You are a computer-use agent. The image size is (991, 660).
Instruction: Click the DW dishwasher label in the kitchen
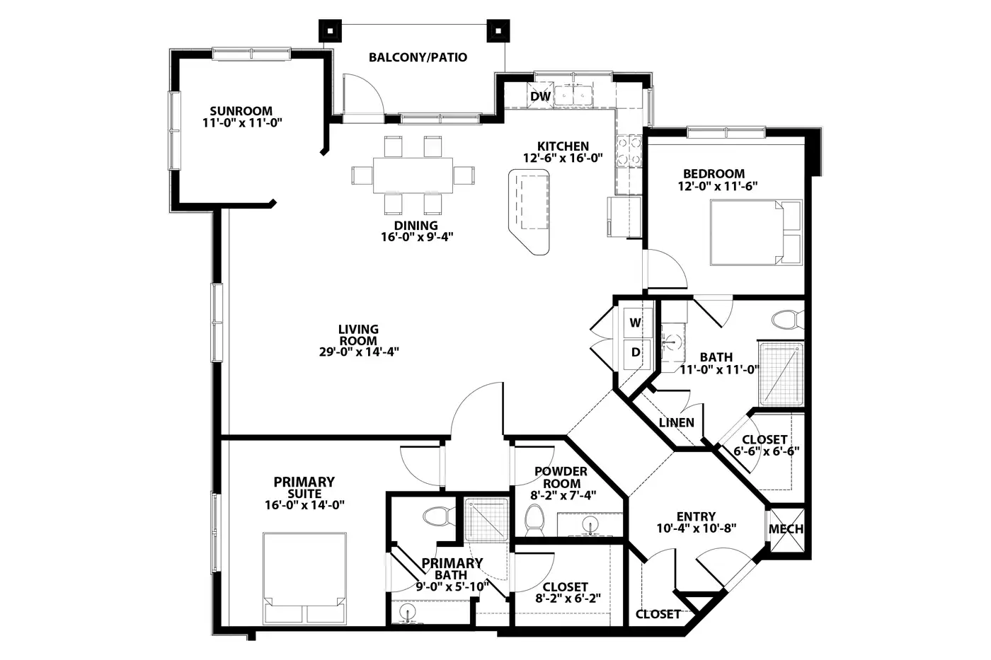coord(541,96)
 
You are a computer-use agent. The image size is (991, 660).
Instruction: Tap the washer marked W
coord(636,323)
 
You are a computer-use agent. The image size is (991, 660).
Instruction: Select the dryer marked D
coord(636,353)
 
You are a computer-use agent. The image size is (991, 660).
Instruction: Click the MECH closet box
coord(786,529)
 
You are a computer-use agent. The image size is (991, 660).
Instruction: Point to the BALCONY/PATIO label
coord(418,57)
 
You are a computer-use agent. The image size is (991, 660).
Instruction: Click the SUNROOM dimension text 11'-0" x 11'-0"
coord(242,122)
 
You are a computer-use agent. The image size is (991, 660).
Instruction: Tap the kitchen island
coord(529,212)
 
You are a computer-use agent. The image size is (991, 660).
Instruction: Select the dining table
coord(413,175)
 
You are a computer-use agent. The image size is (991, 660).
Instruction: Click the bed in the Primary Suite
coord(304,578)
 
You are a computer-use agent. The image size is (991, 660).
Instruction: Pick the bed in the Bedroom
coord(756,233)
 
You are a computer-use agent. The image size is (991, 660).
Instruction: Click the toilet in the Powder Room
coord(534,521)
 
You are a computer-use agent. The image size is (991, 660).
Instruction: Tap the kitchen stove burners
coord(629,151)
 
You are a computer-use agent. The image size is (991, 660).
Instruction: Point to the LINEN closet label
coord(677,422)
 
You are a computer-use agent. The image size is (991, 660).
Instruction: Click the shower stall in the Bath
coord(781,374)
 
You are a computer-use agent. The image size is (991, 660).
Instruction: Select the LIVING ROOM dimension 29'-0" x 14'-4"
coord(359,352)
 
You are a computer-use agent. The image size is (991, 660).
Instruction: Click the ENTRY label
coord(696,516)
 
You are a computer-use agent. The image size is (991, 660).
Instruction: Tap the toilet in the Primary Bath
coord(439,516)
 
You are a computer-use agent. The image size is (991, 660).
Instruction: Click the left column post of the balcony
coord(330,31)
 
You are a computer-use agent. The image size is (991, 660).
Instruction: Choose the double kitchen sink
coord(573,94)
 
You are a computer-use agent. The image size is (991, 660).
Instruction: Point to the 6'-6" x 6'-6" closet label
coord(767,451)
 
